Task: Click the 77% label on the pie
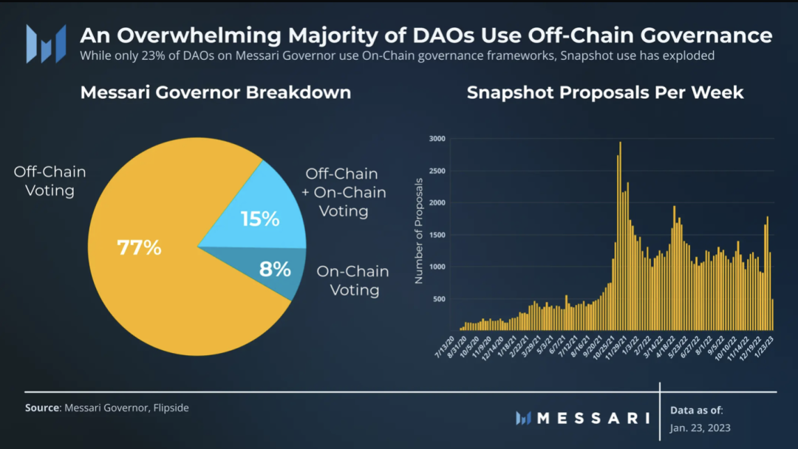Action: [x=139, y=247]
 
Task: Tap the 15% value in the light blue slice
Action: [x=260, y=219]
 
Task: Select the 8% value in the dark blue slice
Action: [x=275, y=269]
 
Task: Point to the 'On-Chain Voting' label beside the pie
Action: [x=352, y=281]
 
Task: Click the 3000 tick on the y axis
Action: [x=438, y=139]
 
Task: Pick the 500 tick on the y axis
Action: [x=440, y=299]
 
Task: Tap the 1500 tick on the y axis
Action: [x=438, y=235]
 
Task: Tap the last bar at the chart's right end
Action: [x=772, y=314]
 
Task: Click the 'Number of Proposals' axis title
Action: [x=419, y=230]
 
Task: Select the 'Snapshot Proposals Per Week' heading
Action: [x=605, y=93]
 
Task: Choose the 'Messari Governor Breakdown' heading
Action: [x=215, y=93]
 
